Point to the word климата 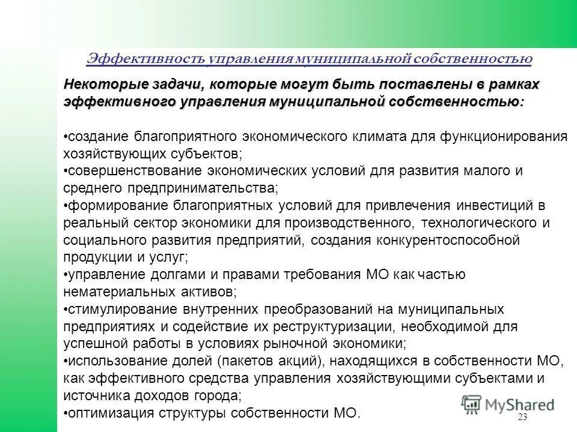coord(385,136)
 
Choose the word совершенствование coord(133,171)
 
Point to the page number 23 coord(521,418)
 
